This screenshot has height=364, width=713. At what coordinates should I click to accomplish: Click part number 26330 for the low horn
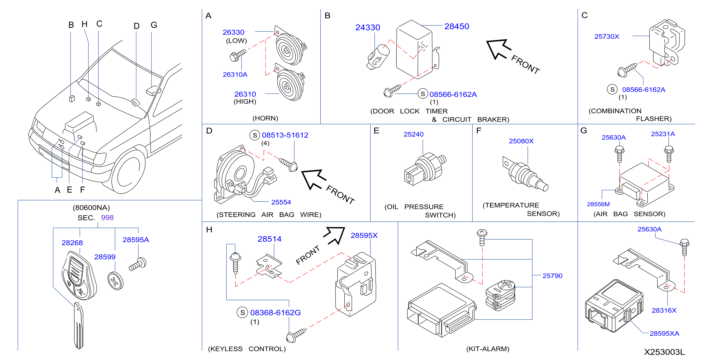click(x=233, y=32)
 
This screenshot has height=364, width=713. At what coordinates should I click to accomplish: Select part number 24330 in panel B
click(x=368, y=27)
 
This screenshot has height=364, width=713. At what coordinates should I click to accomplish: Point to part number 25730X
click(x=606, y=37)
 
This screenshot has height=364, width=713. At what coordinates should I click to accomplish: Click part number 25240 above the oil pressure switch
click(x=413, y=134)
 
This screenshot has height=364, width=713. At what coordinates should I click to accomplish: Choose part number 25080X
click(x=521, y=141)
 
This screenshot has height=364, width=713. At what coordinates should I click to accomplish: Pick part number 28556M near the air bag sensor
click(x=598, y=204)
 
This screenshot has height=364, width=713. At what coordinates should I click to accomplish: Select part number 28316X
click(x=664, y=311)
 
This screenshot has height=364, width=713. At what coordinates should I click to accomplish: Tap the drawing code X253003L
click(x=664, y=352)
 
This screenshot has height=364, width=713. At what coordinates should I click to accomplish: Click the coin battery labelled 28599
click(x=115, y=281)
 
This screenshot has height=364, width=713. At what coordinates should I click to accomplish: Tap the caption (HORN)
click(x=265, y=118)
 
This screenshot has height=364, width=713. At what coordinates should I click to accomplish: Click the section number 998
click(x=107, y=218)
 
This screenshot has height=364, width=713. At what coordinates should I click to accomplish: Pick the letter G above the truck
click(x=154, y=25)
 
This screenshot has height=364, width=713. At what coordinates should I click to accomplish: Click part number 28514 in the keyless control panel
click(x=269, y=239)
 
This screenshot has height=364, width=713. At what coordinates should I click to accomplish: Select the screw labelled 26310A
click(x=238, y=55)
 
